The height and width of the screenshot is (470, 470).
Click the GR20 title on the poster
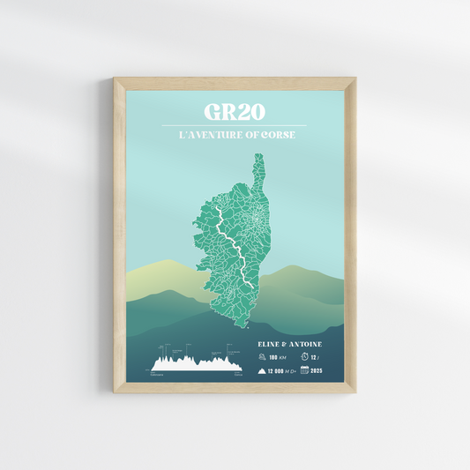point(235,112)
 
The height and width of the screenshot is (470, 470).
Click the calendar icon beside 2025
point(304,370)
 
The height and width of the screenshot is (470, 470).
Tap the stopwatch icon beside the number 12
point(304,357)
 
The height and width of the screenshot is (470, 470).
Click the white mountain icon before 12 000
point(263,371)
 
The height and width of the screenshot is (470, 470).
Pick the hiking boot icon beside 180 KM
point(263,357)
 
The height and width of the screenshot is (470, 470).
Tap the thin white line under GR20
point(235,125)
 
